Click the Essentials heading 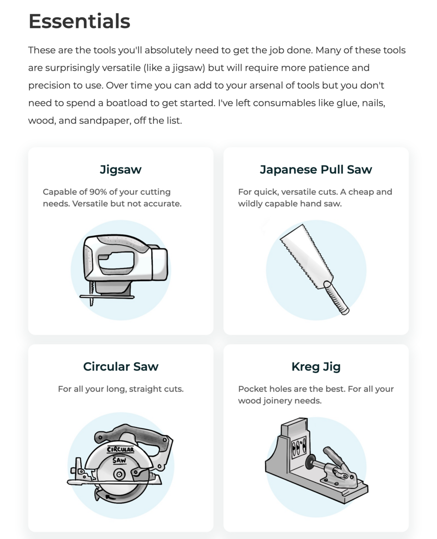(x=80, y=21)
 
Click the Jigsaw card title (x=121, y=170)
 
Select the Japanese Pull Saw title (x=316, y=170)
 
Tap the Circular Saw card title (x=121, y=366)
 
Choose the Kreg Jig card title (x=316, y=367)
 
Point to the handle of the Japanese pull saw (x=337, y=298)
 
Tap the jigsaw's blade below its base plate (x=92, y=302)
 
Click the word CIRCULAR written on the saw (x=120, y=449)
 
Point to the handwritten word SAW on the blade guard (x=119, y=460)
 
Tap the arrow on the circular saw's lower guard (x=110, y=497)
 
